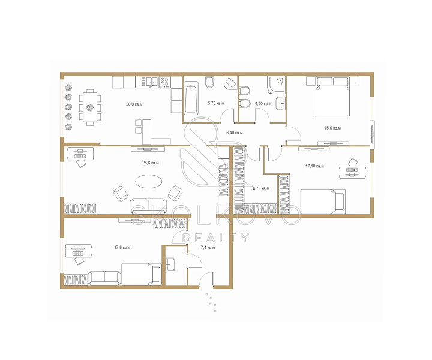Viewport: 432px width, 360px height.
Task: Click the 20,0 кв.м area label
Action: click(134, 104)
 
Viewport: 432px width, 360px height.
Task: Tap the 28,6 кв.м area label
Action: click(151, 163)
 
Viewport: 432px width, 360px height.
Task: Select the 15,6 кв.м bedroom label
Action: click(332, 128)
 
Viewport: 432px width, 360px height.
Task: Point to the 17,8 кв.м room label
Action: click(122, 248)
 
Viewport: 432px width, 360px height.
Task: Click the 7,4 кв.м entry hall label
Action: click(208, 248)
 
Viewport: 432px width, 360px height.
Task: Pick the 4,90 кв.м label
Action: click(263, 104)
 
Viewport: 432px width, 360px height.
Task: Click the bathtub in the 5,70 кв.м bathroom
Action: click(191, 98)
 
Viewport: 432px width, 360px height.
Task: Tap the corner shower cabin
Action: click(277, 85)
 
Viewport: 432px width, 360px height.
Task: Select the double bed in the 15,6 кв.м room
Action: click(333, 97)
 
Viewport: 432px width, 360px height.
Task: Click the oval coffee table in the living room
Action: click(149, 182)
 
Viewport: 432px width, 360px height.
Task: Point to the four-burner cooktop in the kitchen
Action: click(165, 82)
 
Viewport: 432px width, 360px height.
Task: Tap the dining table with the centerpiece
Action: click(90, 107)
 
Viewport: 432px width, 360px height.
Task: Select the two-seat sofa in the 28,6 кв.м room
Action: click(149, 206)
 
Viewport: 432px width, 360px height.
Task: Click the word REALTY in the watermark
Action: click(216, 238)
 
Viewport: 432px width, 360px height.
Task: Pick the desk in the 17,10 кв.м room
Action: click(352, 172)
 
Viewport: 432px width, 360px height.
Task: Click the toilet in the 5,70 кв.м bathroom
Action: click(209, 82)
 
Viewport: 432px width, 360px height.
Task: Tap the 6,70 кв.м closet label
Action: click(261, 188)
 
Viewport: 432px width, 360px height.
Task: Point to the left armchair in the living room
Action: click(121, 193)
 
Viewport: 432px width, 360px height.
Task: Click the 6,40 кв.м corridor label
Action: click(235, 133)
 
